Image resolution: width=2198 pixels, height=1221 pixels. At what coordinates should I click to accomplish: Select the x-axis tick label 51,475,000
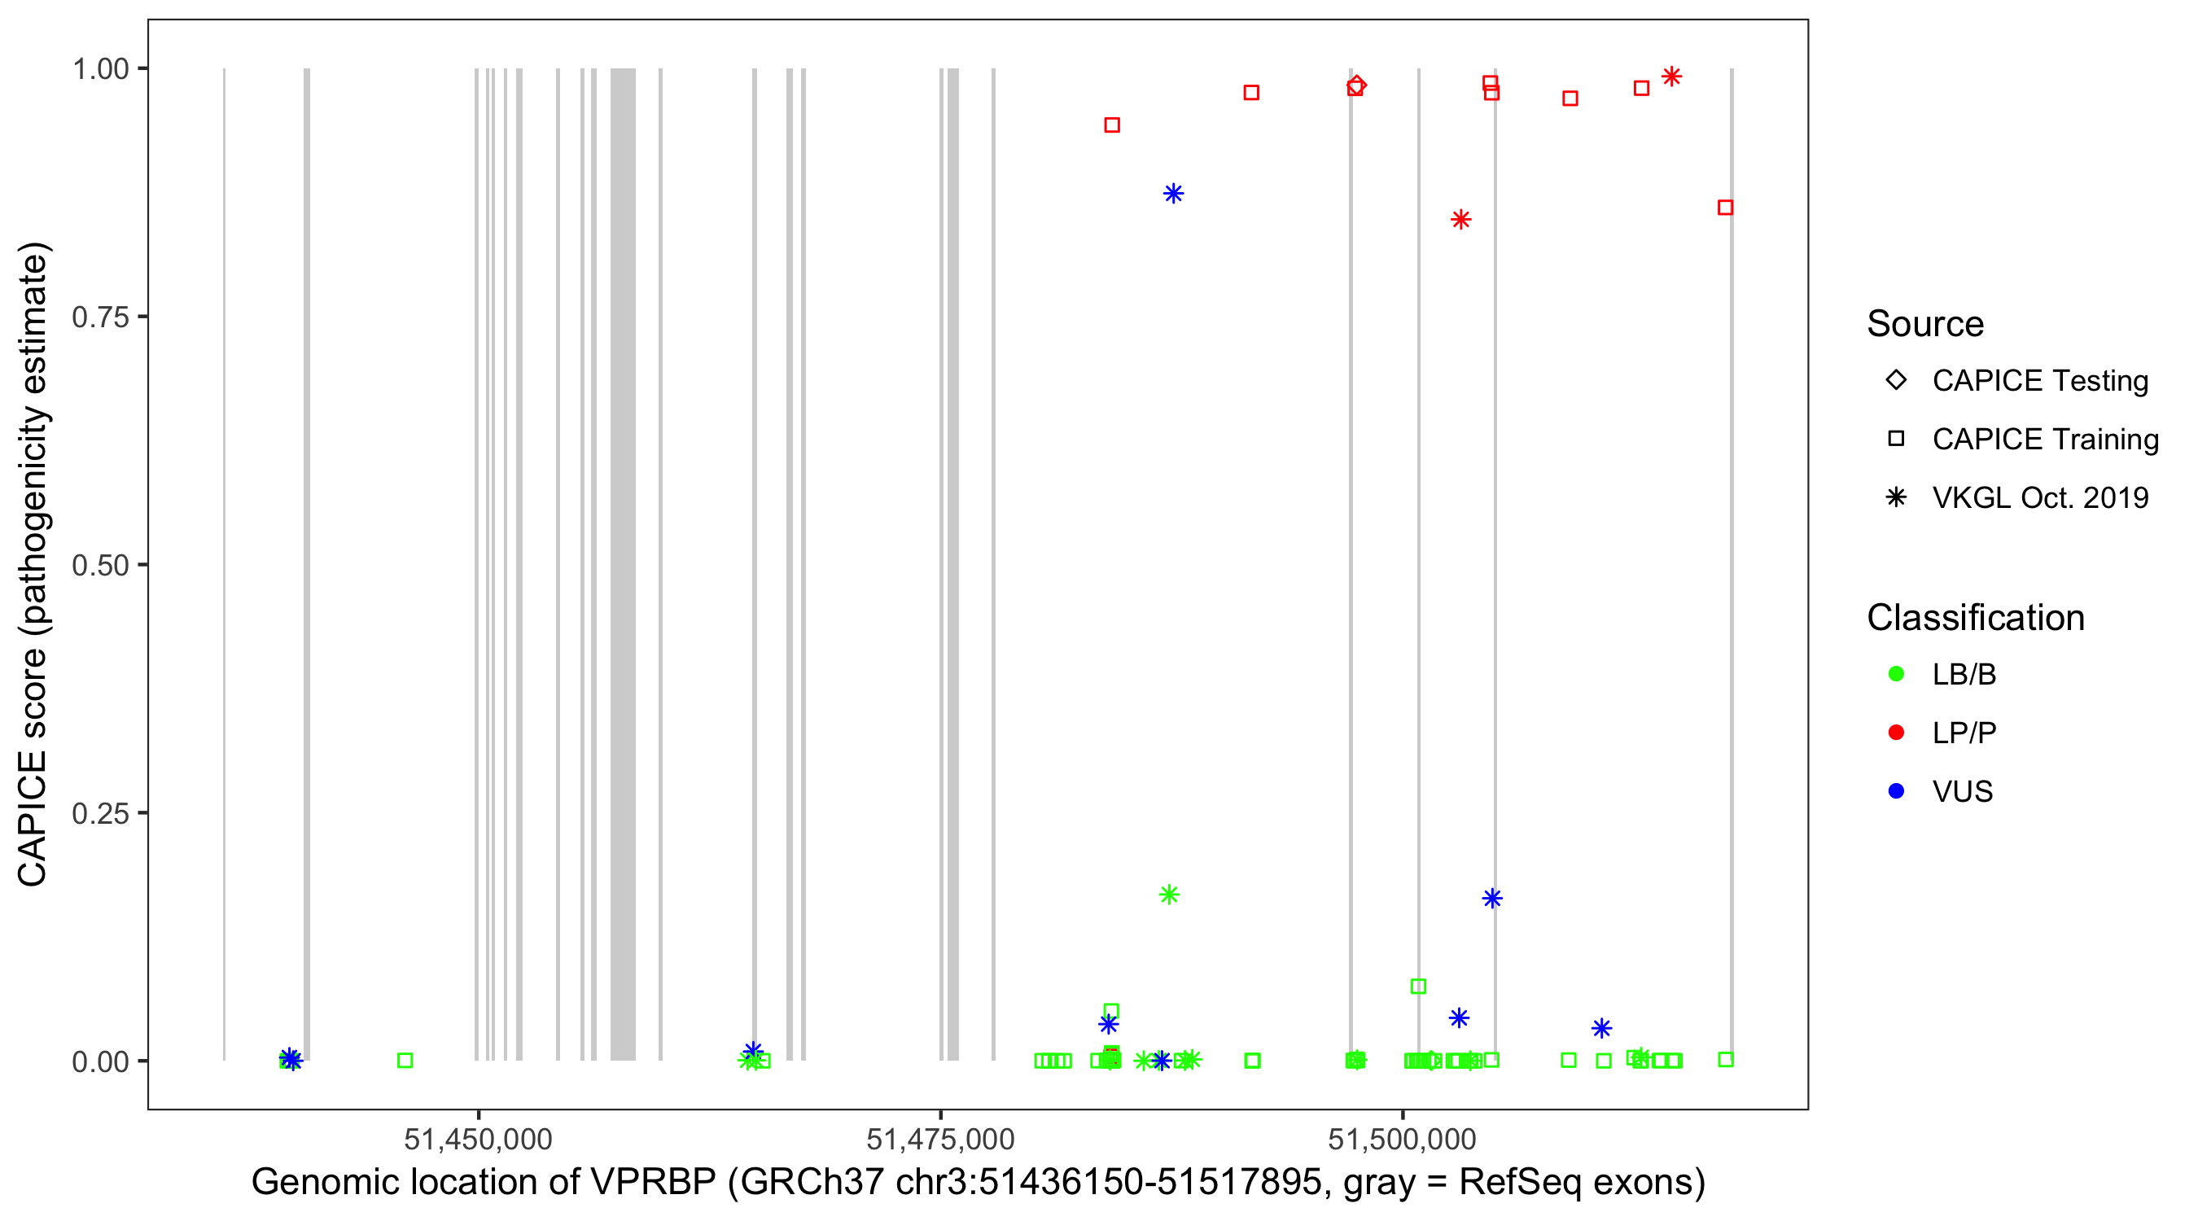[940, 1139]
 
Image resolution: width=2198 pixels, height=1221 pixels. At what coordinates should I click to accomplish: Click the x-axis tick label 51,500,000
[1402, 1139]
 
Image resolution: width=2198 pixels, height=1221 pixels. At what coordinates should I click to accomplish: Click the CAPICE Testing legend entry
[2039, 381]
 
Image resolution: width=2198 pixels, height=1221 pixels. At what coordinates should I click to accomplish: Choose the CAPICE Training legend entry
[2044, 440]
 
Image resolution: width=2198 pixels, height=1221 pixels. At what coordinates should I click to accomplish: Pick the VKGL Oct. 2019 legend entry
[2039, 497]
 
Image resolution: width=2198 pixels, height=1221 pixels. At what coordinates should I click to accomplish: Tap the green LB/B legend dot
[1896, 674]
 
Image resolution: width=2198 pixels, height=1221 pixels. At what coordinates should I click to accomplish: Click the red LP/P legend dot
[1896, 733]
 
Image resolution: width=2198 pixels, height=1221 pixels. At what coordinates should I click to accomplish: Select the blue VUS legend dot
[1896, 791]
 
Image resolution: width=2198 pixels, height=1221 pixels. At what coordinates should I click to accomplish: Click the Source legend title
[1925, 324]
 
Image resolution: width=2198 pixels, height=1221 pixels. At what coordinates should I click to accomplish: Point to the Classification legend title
[1975, 618]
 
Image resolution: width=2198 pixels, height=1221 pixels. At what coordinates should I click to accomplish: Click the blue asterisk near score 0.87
[1173, 194]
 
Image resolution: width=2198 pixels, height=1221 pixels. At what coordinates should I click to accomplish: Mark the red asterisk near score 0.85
[1460, 220]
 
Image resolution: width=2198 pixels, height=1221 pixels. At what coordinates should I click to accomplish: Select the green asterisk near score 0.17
[1169, 895]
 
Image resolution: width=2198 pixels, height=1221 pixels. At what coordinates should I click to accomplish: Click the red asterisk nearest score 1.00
[1671, 77]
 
